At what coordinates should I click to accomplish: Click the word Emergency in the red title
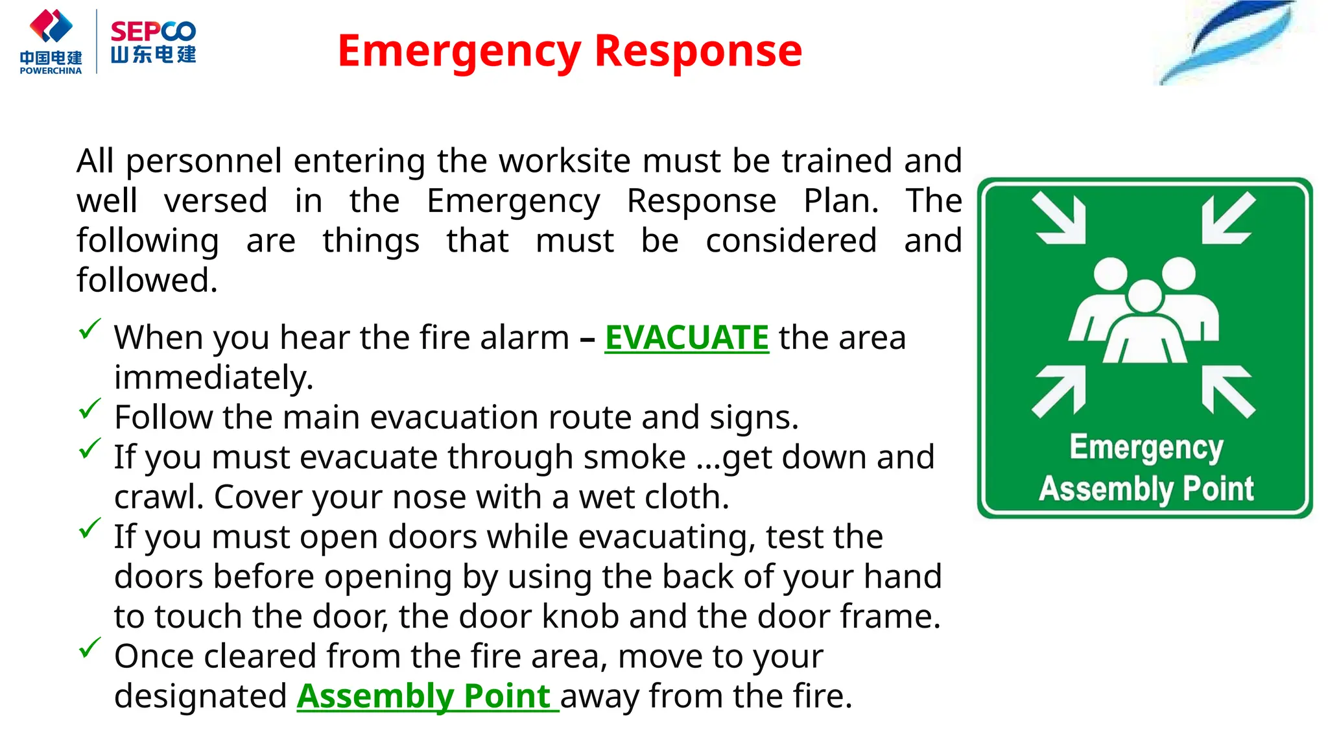(459, 52)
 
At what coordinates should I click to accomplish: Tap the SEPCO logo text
(153, 31)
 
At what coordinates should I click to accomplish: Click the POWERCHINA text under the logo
(51, 71)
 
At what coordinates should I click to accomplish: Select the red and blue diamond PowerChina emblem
(51, 26)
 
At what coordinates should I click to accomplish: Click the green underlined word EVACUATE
(686, 338)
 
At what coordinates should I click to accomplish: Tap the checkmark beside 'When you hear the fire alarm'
(89, 329)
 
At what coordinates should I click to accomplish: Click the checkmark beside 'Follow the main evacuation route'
(89, 409)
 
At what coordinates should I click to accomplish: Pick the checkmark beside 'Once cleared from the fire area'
(89, 647)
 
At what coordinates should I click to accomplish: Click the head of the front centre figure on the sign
(1144, 296)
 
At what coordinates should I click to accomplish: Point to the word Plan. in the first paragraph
(841, 201)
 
